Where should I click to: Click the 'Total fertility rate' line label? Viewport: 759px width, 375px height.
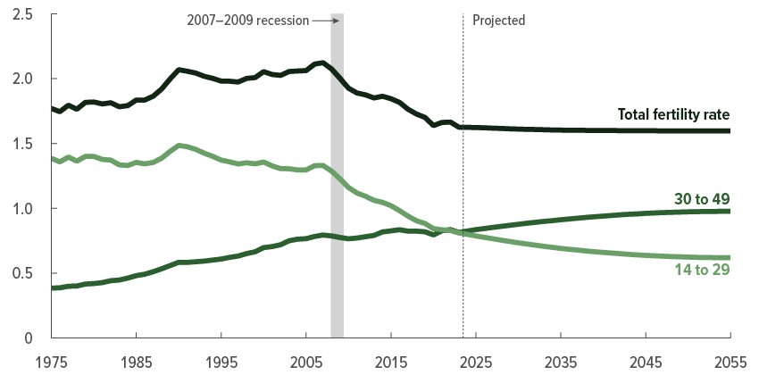tap(673, 114)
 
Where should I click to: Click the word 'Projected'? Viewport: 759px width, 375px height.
tap(498, 20)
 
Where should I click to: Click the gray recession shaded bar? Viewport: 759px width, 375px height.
tap(337, 179)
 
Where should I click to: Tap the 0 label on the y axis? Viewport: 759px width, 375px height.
tap(29, 338)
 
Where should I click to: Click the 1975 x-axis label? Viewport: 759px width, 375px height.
tap(52, 361)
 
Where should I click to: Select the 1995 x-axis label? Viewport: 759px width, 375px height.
tap(221, 361)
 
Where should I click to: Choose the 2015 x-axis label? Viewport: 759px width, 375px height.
tap(391, 361)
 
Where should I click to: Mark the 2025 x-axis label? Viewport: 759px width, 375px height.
tap(476, 361)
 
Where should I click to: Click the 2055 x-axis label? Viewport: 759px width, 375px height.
tap(730, 361)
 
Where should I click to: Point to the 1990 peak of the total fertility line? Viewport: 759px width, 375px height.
tap(179, 69)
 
